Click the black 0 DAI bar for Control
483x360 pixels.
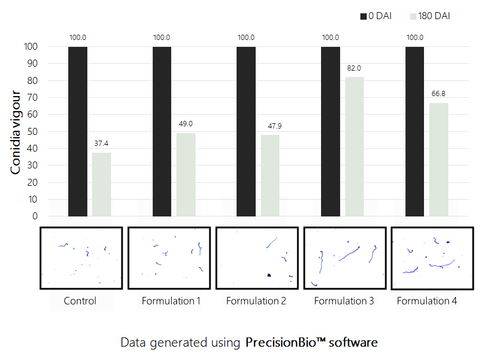pos(78,131)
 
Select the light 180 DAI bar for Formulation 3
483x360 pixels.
pos(354,146)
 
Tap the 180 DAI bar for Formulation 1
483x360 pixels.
pos(186,174)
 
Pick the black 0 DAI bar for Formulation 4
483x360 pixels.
pos(415,131)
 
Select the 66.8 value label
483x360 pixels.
pos(438,94)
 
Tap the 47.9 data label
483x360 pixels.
pos(270,126)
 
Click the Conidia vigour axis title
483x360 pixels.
pos(17,132)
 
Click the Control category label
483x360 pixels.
pos(80,301)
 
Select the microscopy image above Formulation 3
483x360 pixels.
pos(344,258)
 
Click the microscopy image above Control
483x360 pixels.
pos(81,258)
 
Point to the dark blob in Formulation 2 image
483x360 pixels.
pos(269,275)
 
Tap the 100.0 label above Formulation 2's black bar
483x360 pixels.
pos(246,38)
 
